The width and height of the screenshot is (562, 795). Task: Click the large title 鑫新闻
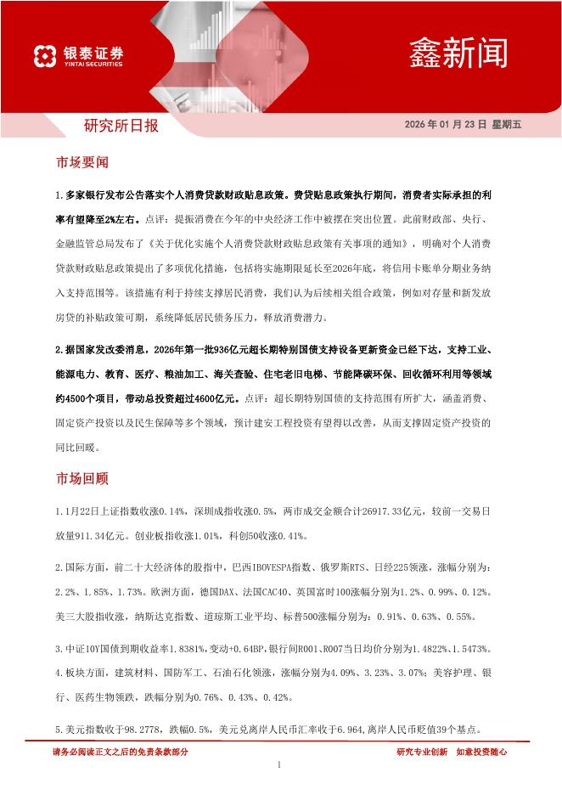pyautogui.click(x=458, y=53)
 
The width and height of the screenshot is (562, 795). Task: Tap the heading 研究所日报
pyautogui.click(x=121, y=127)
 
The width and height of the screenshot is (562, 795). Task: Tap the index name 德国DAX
pyautogui.click(x=219, y=590)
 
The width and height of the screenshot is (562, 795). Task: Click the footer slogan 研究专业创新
pyautogui.click(x=422, y=752)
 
